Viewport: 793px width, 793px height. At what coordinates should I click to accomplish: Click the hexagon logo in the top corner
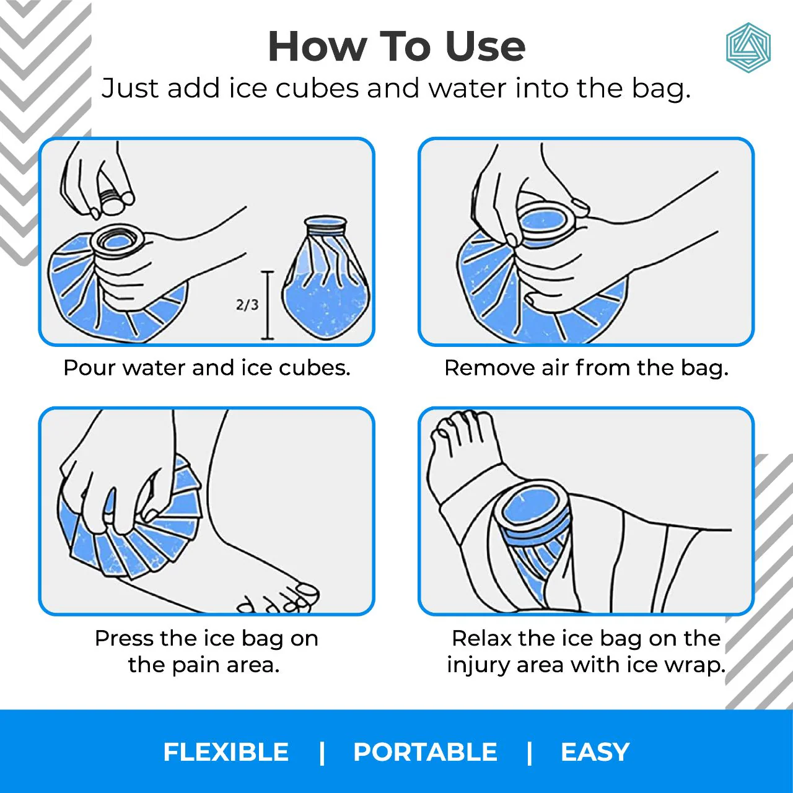pos(748,48)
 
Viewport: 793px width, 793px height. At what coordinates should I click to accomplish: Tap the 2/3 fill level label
pos(247,304)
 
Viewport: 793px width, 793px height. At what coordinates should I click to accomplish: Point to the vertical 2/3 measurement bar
pos(268,305)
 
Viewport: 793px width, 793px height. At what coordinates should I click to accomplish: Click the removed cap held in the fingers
pos(113,201)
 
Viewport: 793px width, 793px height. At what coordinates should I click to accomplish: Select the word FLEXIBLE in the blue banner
pos(226,752)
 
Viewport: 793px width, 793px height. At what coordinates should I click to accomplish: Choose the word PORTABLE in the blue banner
pos(425,752)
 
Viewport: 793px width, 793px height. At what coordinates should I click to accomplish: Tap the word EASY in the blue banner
pos(595,752)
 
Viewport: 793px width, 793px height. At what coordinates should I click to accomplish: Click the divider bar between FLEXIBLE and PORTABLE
pos(322,752)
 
